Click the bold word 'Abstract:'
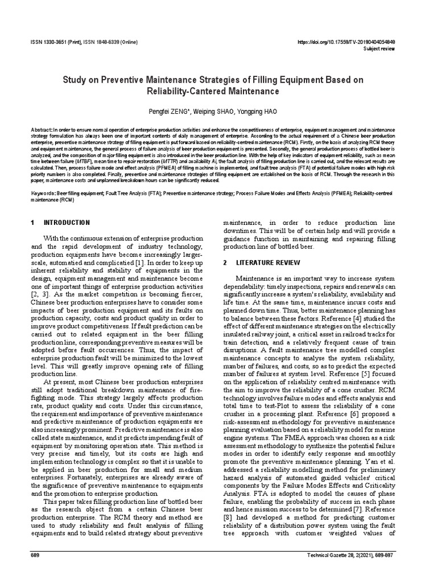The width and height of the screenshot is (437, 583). [42, 130]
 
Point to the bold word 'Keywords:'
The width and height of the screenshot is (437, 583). [44, 194]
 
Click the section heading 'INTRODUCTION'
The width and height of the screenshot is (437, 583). [67, 223]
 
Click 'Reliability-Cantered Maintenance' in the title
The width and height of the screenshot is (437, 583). [218, 91]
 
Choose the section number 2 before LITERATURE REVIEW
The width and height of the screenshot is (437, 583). [225, 262]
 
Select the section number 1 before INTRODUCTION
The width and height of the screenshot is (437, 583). [33, 223]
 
